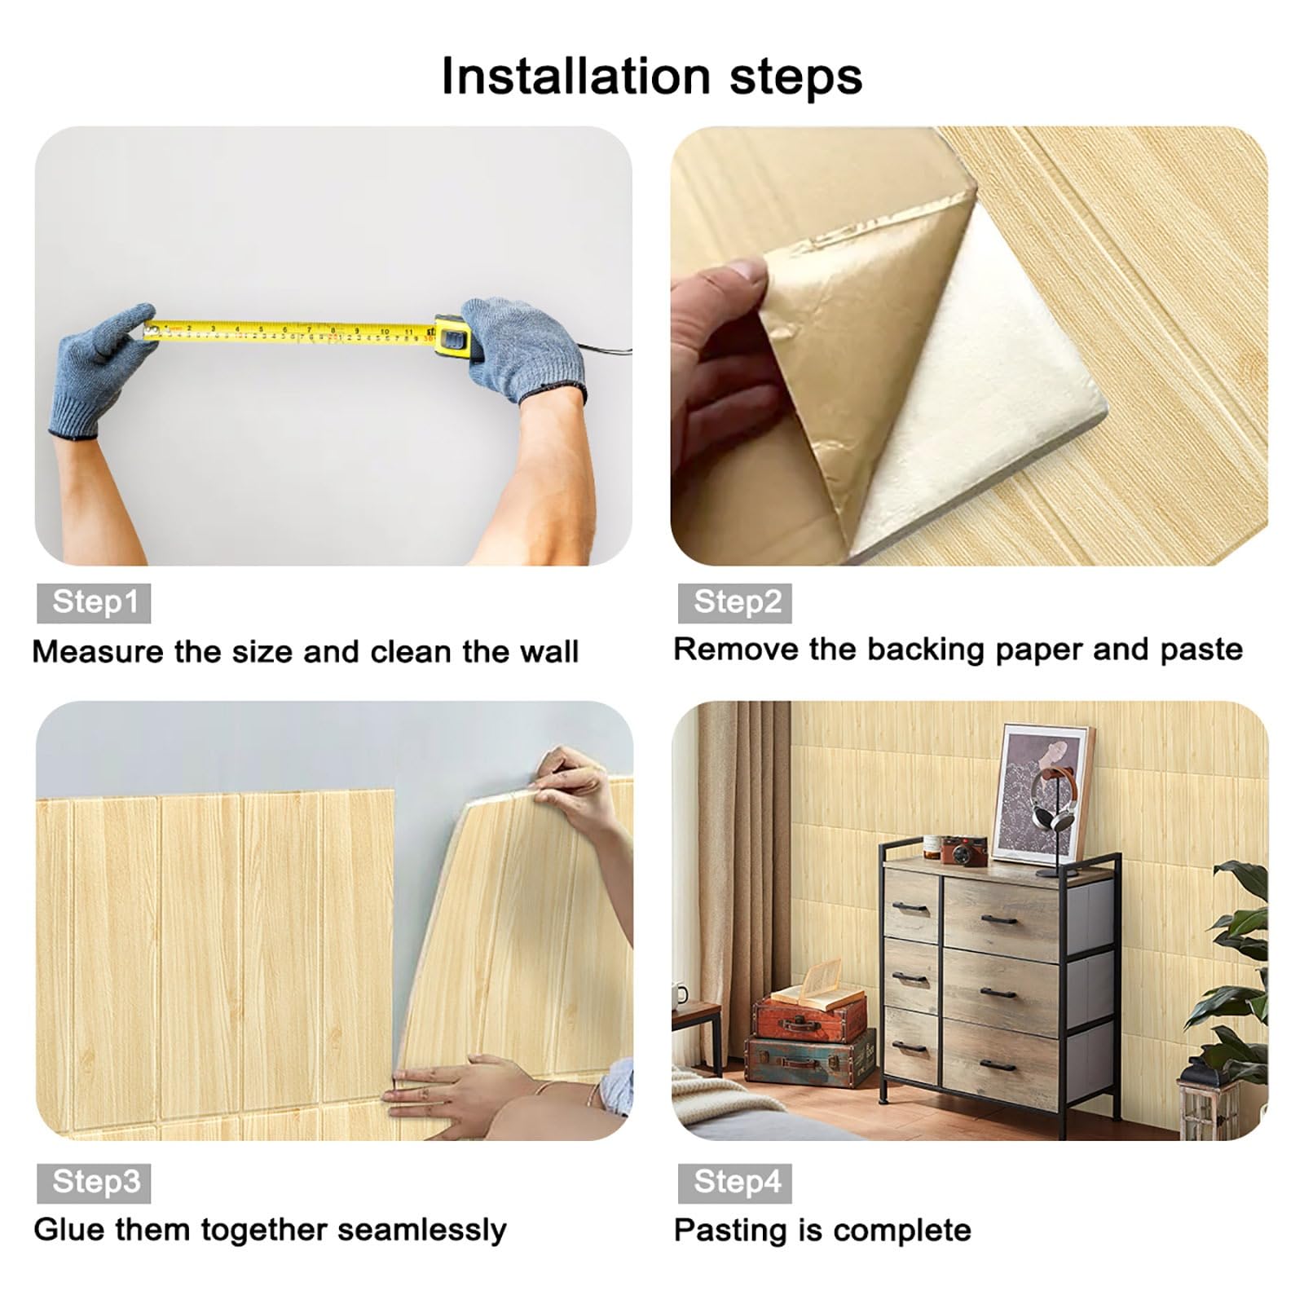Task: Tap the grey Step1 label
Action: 94,603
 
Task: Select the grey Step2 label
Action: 735,603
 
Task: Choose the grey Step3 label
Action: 94,1183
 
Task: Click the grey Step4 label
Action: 735,1183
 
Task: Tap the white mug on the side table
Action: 679,996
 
